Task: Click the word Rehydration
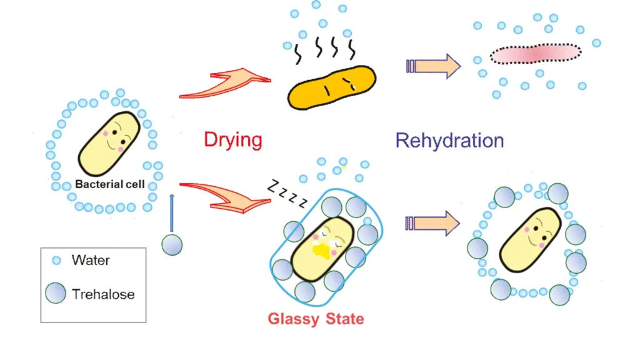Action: click(x=450, y=141)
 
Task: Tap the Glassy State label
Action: click(x=316, y=319)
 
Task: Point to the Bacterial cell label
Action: click(x=110, y=184)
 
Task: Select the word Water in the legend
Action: click(x=91, y=260)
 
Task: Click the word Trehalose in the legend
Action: click(x=103, y=294)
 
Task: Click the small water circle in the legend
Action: click(x=56, y=261)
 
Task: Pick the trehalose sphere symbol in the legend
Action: click(x=56, y=293)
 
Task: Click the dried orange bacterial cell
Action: click(x=331, y=88)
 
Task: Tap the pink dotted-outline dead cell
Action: click(x=536, y=54)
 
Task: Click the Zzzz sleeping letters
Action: click(x=287, y=193)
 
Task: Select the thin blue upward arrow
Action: click(x=172, y=213)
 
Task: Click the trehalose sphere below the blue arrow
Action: click(x=172, y=245)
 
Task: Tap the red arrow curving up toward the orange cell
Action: click(x=225, y=84)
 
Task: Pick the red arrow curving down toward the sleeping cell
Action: click(x=225, y=197)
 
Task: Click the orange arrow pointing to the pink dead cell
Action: click(x=434, y=66)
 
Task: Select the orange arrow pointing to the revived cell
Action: click(x=432, y=223)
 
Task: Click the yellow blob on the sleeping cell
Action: click(x=321, y=250)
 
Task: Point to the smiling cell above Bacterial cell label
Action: click(x=109, y=144)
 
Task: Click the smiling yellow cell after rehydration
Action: click(x=531, y=239)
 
